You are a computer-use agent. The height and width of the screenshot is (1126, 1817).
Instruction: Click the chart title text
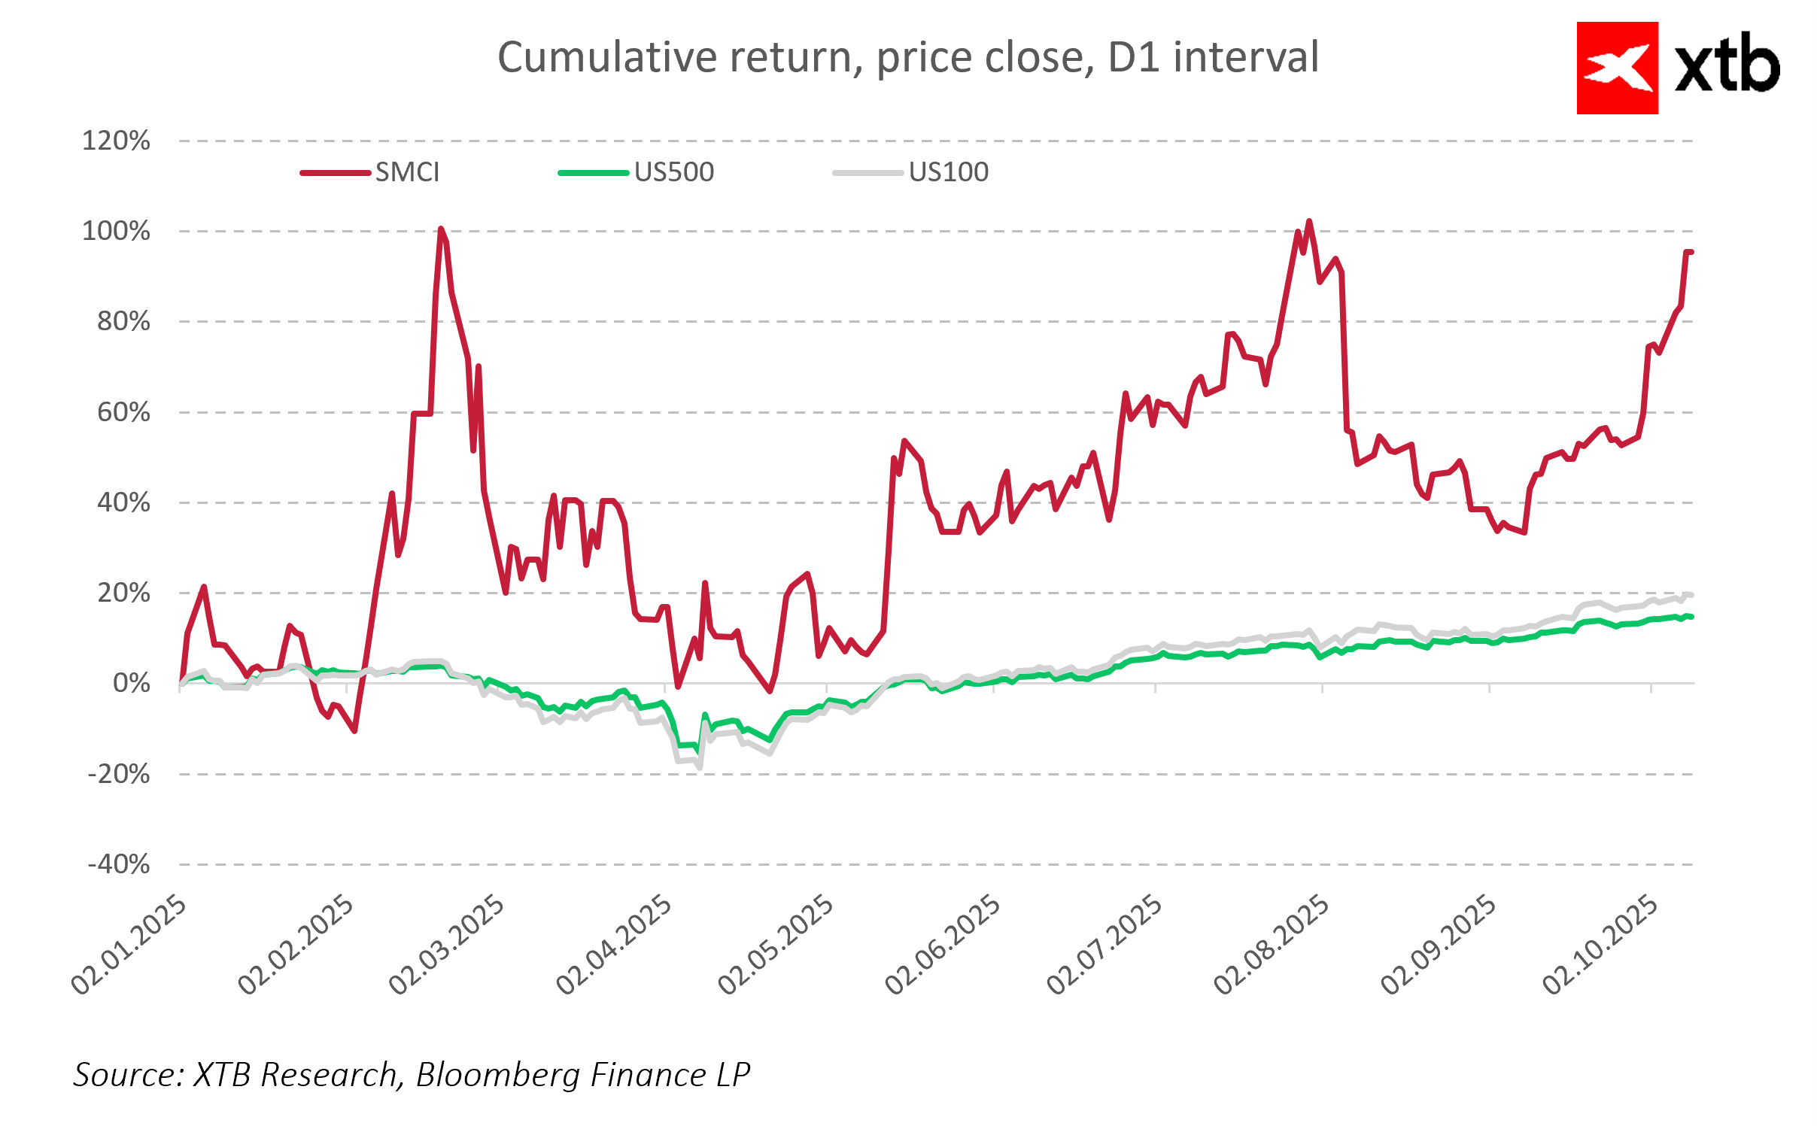pos(907,57)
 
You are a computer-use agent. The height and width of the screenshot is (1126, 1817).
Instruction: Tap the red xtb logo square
pos(1617,68)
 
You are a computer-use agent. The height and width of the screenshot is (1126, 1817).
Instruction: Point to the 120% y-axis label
pos(116,141)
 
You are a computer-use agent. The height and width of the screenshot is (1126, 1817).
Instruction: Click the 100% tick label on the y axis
pos(116,231)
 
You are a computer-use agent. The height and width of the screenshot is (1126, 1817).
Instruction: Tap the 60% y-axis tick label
pos(123,412)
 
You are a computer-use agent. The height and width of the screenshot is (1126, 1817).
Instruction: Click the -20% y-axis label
pos(119,774)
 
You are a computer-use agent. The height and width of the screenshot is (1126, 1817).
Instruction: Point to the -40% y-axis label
pos(119,864)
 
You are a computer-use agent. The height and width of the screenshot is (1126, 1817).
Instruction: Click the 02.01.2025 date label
pos(129,945)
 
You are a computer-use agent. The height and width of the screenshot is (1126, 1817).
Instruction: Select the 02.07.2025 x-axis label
pos(1105,945)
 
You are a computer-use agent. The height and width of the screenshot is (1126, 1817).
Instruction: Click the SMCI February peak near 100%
pos(440,229)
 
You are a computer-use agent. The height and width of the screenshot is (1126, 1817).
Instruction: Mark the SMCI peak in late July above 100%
pos(1309,221)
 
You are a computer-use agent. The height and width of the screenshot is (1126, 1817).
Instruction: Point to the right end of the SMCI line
pos(1691,252)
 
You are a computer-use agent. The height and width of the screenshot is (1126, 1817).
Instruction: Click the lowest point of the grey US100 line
pos(700,767)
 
